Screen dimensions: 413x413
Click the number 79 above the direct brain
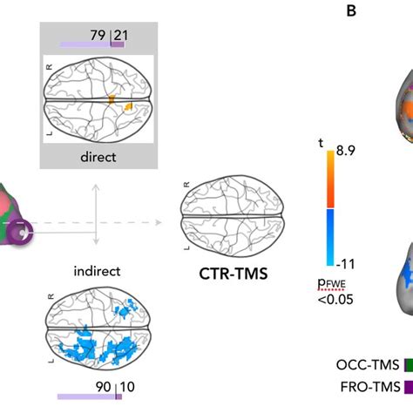[x=98, y=35]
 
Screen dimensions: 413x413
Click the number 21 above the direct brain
[x=119, y=35]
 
